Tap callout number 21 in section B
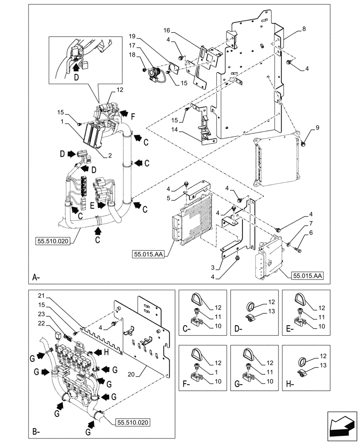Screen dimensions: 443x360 tap(41, 295)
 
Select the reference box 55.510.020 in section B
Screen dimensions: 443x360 tap(133, 423)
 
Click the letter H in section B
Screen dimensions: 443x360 tap(106, 352)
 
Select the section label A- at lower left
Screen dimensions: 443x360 tap(37, 278)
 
